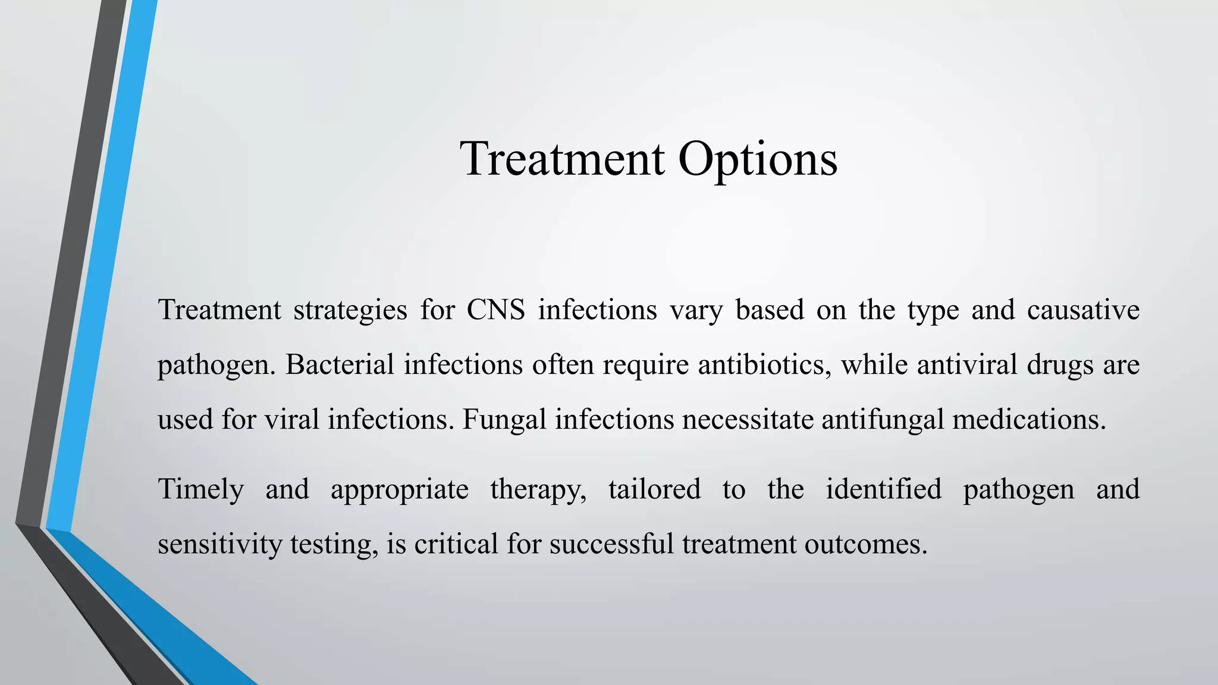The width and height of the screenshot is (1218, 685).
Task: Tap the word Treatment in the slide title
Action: (x=562, y=159)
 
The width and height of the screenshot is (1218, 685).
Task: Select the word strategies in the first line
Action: (x=350, y=310)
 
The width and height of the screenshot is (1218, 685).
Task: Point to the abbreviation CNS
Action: (x=496, y=310)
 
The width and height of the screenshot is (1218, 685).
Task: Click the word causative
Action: (x=1083, y=310)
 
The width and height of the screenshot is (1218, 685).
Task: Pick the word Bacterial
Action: (x=340, y=365)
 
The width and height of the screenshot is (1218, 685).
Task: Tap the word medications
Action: (x=1029, y=420)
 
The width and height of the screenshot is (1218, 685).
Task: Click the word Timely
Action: (x=201, y=490)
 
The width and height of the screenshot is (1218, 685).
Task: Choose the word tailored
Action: (x=654, y=490)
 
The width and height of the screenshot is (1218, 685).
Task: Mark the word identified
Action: (x=883, y=490)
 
